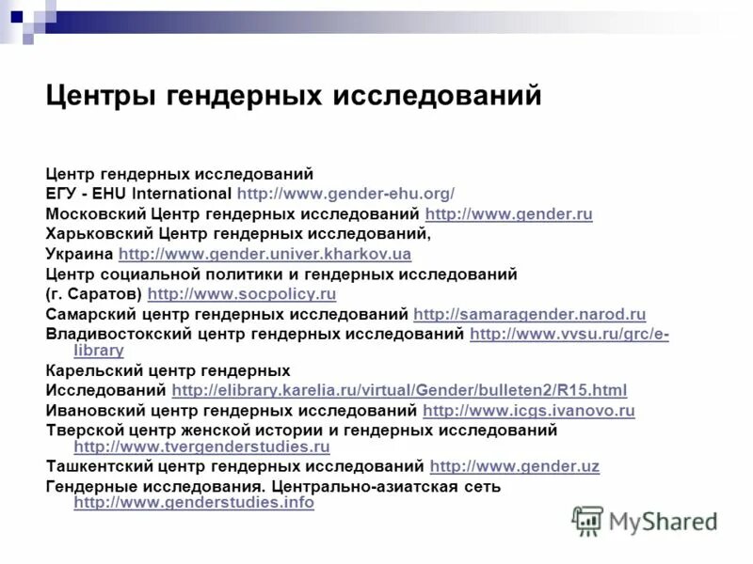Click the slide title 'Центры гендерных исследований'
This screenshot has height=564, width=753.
click(x=294, y=96)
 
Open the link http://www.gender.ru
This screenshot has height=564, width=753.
click(x=508, y=214)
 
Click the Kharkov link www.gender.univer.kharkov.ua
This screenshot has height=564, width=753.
click(x=264, y=254)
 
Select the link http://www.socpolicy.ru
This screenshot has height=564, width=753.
click(x=242, y=294)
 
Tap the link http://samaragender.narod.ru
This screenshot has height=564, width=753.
click(x=529, y=314)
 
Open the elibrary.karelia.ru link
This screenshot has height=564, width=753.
click(x=399, y=390)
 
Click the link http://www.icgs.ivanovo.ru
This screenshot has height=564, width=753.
click(x=529, y=410)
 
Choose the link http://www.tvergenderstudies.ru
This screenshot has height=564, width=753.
click(x=201, y=446)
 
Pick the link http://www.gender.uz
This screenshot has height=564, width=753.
click(x=514, y=465)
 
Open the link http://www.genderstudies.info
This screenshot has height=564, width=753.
click(x=194, y=503)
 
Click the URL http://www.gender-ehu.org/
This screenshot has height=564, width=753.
click(x=345, y=194)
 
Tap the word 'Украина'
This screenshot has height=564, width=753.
click(x=80, y=254)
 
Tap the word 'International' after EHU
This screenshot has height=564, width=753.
click(x=185, y=194)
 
